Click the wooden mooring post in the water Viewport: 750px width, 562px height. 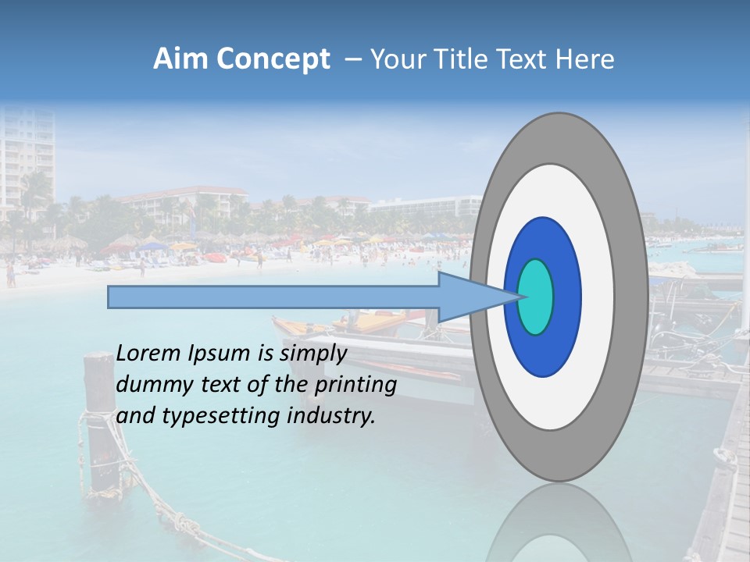99,421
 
